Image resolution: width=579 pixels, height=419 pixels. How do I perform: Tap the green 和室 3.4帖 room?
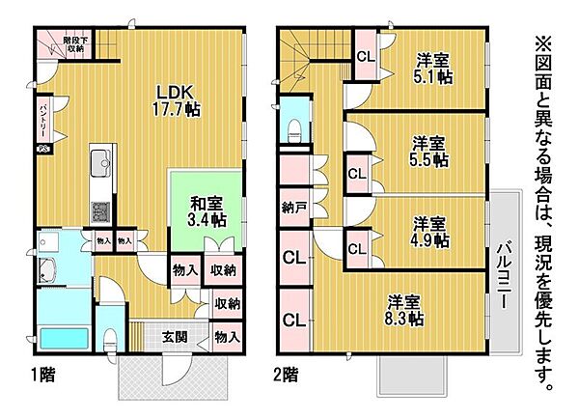202,211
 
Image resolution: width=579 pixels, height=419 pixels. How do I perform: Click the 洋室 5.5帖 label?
426,153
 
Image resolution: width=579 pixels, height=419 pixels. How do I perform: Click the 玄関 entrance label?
175,338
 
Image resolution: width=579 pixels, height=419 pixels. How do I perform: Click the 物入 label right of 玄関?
227,338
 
